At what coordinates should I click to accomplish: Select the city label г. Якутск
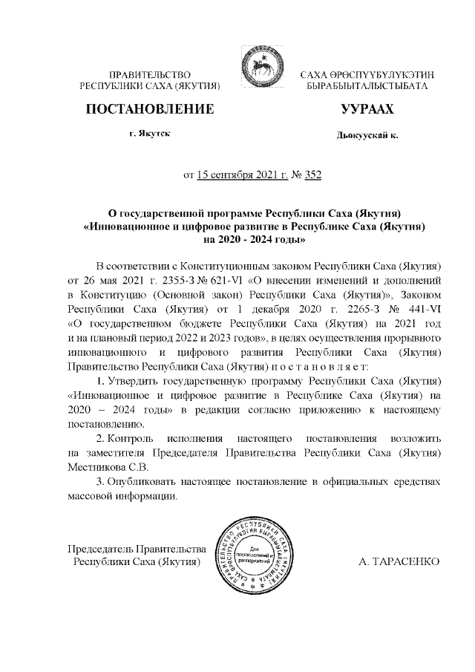(149, 134)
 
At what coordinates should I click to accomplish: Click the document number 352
(312, 175)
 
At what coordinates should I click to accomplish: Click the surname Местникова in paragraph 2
(99, 466)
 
